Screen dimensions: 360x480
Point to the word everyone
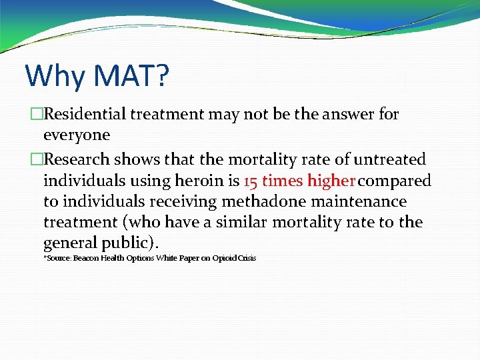pyautogui.click(x=76, y=135)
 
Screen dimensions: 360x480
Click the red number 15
pyautogui.click(x=251, y=181)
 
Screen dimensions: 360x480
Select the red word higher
pyautogui.click(x=331, y=181)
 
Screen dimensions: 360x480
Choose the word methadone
pyautogui.click(x=265, y=201)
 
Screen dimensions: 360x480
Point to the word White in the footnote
pyautogui.click(x=167, y=258)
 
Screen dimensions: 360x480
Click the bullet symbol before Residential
pyautogui.click(x=36, y=114)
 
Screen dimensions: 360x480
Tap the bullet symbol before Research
pyautogui.click(x=36, y=160)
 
